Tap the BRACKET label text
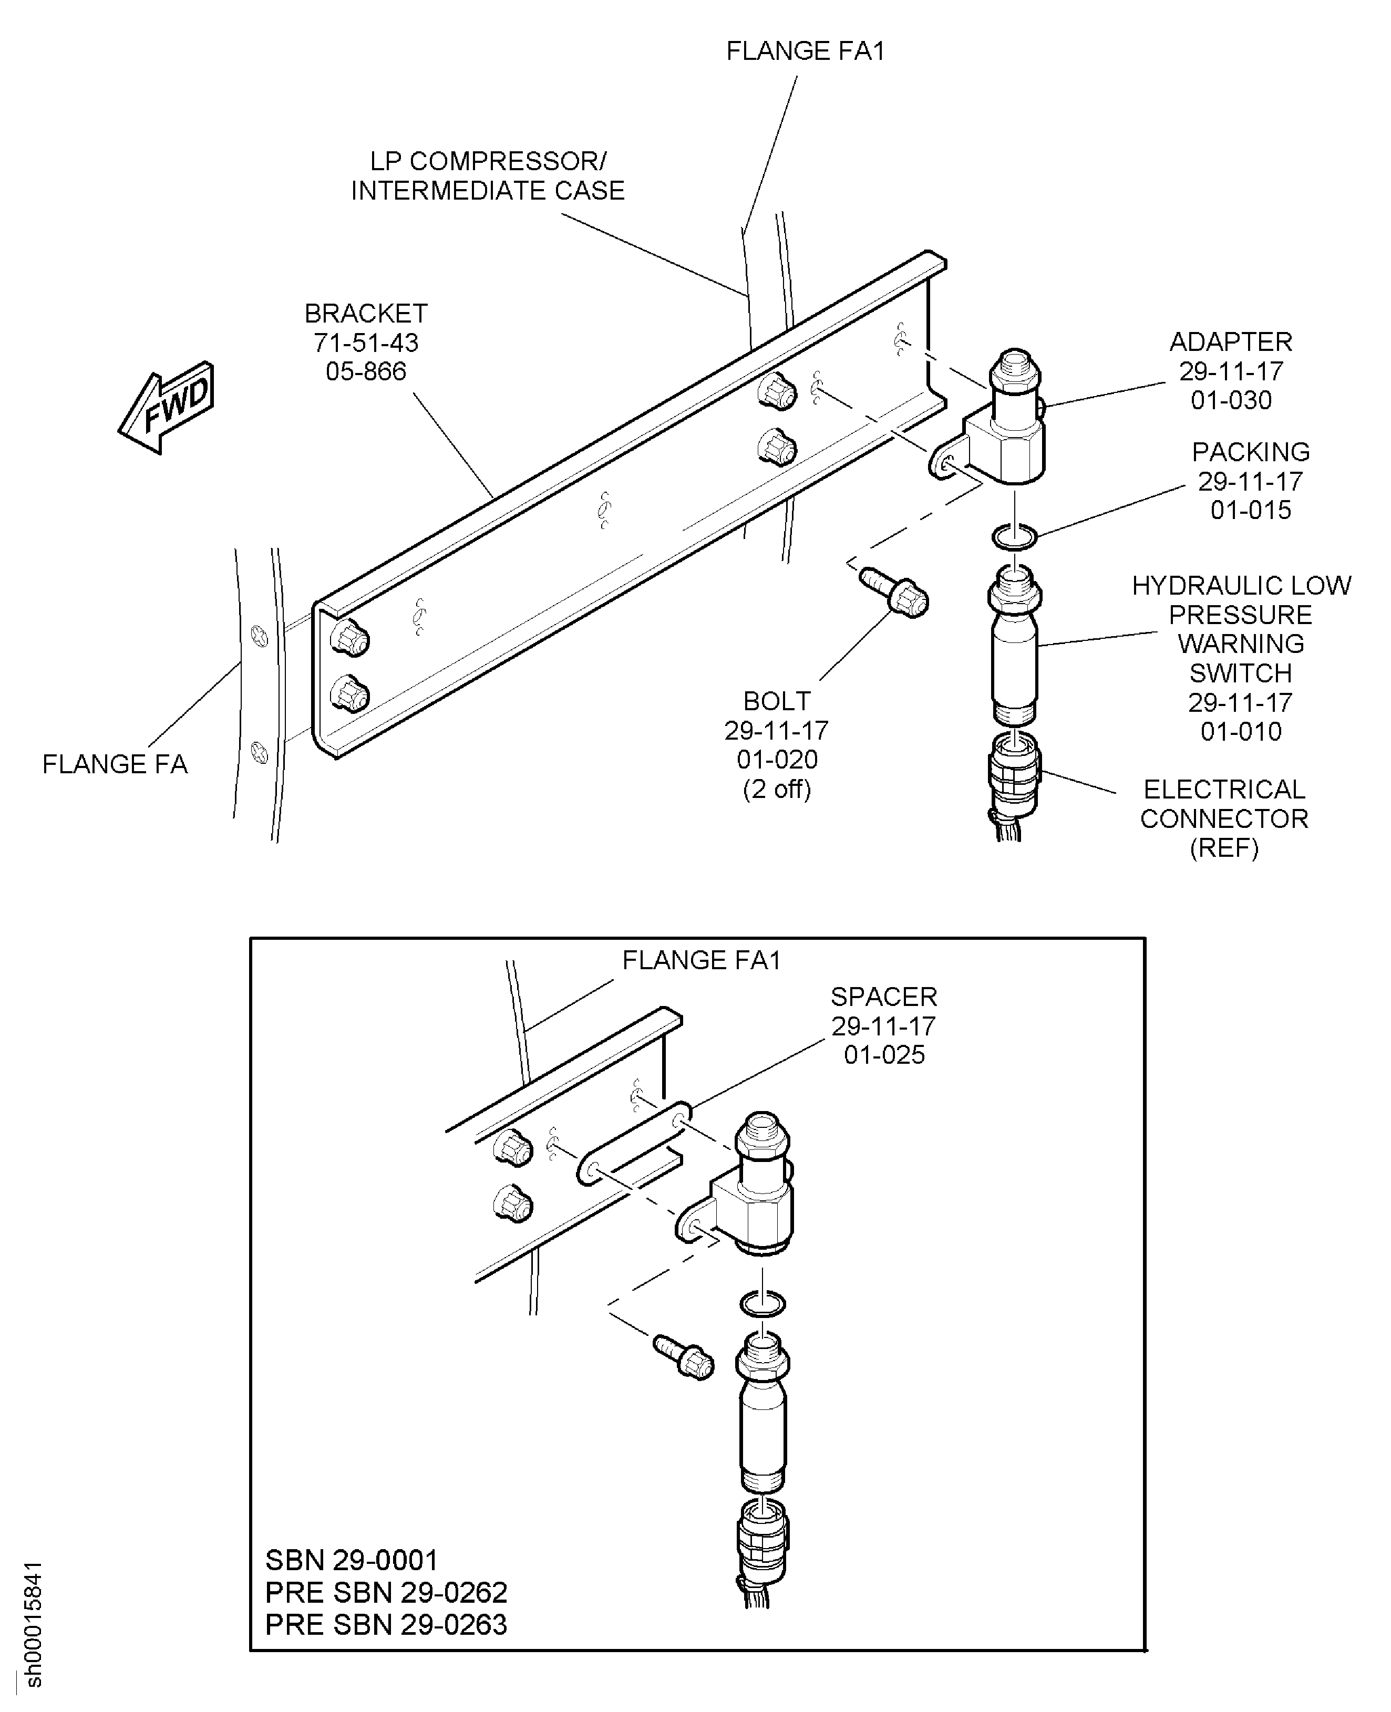coord(366,313)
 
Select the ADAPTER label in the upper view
coord(1231,342)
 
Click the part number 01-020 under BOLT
coord(777,760)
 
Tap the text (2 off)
coord(777,790)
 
